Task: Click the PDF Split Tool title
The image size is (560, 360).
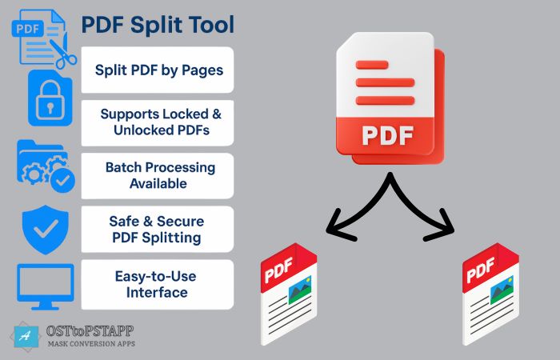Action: pyautogui.click(x=158, y=25)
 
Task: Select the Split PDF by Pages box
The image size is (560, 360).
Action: pyautogui.click(x=158, y=70)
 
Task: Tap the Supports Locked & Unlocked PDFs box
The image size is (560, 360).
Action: pyautogui.click(x=158, y=123)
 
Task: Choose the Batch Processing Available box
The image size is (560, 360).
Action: pyautogui.click(x=158, y=176)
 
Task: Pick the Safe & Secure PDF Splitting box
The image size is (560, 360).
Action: pyautogui.click(x=158, y=230)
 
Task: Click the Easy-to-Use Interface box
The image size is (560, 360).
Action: pyautogui.click(x=158, y=284)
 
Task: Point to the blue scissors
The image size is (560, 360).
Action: pyautogui.click(x=63, y=54)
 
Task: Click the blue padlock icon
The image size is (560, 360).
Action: pyautogui.click(x=50, y=98)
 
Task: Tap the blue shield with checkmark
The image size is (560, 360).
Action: pyautogui.click(x=46, y=230)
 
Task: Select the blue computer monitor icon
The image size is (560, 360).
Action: pyautogui.click(x=46, y=286)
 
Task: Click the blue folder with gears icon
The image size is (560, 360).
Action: pyautogui.click(x=46, y=166)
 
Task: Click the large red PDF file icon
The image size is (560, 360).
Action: pyautogui.click(x=390, y=98)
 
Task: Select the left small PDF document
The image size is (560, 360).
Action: pyautogui.click(x=289, y=294)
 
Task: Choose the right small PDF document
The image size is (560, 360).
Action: pyautogui.click(x=490, y=294)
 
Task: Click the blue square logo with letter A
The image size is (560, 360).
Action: pyautogui.click(x=26, y=337)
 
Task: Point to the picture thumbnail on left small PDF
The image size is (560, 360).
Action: pyautogui.click(x=300, y=290)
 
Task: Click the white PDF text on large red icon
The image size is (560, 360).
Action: pyautogui.click(x=388, y=136)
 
